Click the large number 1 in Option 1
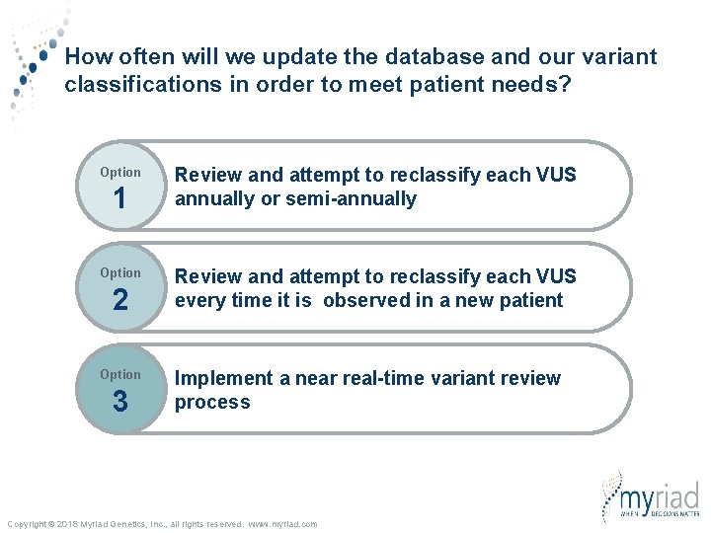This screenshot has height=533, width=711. [119, 199]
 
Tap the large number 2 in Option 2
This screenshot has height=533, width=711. [119, 300]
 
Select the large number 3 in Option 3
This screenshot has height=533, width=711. [119, 402]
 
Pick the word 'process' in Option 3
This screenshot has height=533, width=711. [212, 402]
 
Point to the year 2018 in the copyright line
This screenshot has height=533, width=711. [67, 524]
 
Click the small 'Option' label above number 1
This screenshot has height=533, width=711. [119, 173]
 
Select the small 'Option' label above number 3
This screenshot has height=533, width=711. [119, 374]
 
